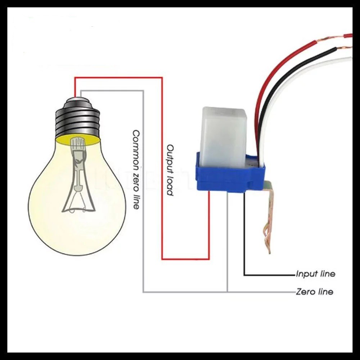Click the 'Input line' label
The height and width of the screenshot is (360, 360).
[x=315, y=274]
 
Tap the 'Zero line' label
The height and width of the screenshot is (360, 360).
[x=314, y=292]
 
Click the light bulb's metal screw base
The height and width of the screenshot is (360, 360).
[x=77, y=119]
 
